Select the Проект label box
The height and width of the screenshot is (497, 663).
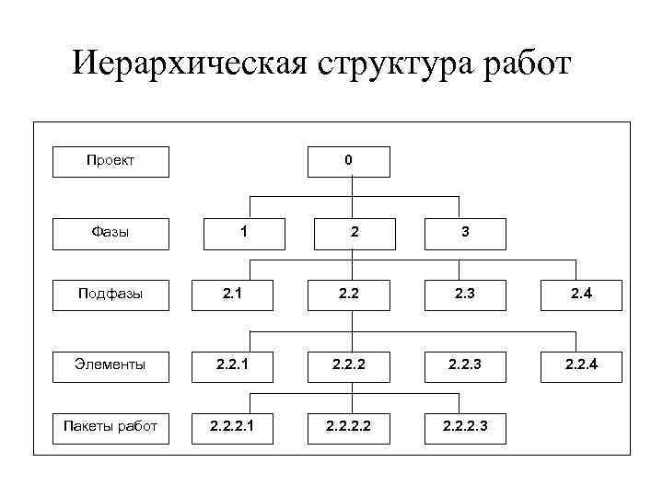click(110, 160)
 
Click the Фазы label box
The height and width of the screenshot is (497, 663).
click(110, 232)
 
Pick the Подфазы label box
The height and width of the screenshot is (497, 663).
click(110, 295)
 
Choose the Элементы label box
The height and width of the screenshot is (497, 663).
click(110, 364)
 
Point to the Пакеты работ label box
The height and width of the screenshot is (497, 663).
click(110, 425)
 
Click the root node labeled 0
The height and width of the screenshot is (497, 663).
click(348, 160)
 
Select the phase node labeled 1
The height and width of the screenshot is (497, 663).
click(243, 232)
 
